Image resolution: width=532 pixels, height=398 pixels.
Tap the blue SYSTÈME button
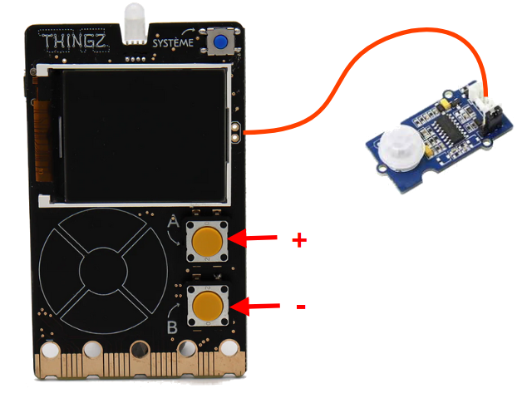(x=220, y=42)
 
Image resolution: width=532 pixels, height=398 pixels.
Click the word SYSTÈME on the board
(x=173, y=42)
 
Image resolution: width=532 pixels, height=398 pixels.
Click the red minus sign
(x=301, y=307)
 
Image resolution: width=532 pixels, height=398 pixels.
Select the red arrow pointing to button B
(x=254, y=307)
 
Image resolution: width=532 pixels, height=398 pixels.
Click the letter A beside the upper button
(x=174, y=222)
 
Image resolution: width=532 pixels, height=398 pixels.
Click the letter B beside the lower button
(x=172, y=327)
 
